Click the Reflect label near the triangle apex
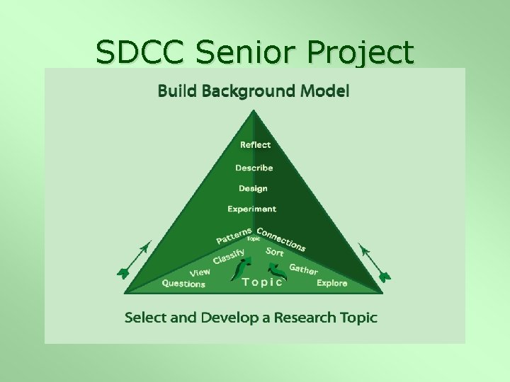[255, 145]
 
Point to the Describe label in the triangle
[254, 168]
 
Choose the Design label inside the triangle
[253, 188]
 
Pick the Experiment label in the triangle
[251, 209]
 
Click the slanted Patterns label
[234, 235]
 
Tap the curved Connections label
[281, 239]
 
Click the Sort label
[275, 252]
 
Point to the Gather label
[303, 269]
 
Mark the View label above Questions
[200, 272]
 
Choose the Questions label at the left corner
[183, 284]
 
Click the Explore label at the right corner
[331, 283]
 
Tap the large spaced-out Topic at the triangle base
[262, 282]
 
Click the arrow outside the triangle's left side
[135, 259]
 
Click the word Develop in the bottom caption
[229, 318]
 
